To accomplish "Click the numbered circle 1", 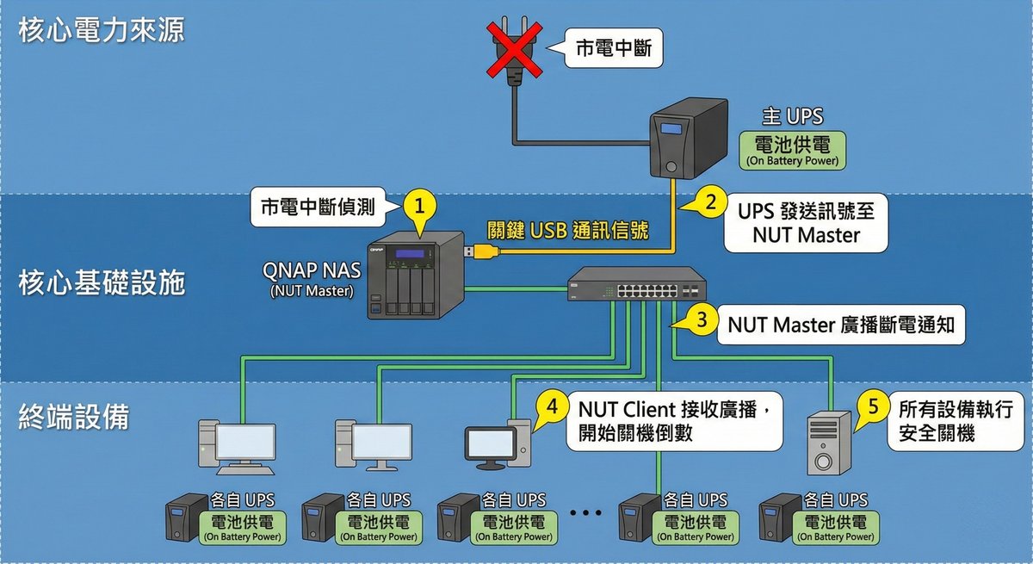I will (x=419, y=207).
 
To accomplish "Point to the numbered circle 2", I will (x=711, y=203).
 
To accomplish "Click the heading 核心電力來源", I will (x=101, y=31).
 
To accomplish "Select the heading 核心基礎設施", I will (x=102, y=282).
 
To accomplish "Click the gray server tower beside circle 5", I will (x=828, y=443).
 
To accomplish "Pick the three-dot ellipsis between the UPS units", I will (x=585, y=514).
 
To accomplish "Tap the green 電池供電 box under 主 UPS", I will (x=791, y=150).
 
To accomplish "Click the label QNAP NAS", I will (x=311, y=270).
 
